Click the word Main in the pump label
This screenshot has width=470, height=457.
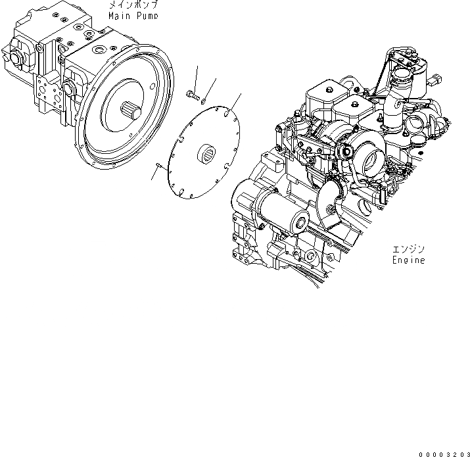(x=120, y=15)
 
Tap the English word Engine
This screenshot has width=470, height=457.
(x=408, y=260)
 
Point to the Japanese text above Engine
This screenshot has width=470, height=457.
(x=408, y=249)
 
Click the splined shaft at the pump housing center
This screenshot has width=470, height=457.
(x=131, y=111)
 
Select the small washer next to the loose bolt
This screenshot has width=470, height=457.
(x=203, y=101)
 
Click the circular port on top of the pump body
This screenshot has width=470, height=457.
(x=101, y=50)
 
